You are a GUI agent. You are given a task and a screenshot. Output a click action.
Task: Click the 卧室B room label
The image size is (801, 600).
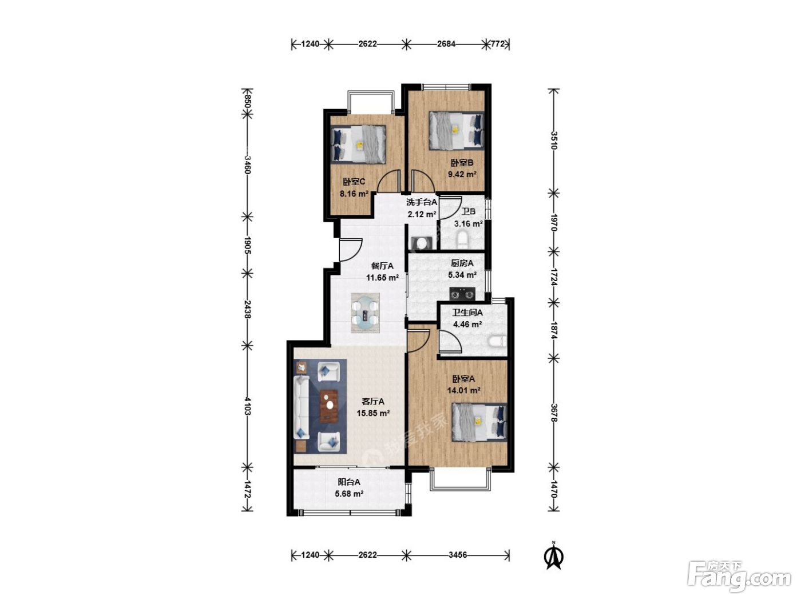[462, 162]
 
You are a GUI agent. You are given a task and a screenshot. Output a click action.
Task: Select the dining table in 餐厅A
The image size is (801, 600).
[365, 313]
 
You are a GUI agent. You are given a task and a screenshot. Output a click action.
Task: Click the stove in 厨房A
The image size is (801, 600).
[462, 293]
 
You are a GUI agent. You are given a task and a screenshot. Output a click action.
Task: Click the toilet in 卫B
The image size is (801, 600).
[463, 240]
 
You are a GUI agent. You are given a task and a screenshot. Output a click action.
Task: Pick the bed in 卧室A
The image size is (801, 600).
[479, 422]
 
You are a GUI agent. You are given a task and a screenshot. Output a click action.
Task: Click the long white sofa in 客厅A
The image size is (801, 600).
[302, 407]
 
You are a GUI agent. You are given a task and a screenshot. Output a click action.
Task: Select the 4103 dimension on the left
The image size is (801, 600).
[248, 406]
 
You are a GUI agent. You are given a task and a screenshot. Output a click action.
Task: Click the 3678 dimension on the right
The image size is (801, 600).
[554, 413]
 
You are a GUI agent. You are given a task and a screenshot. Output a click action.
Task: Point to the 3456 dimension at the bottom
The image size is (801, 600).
[458, 555]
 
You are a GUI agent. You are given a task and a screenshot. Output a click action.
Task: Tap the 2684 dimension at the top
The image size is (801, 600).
[446, 44]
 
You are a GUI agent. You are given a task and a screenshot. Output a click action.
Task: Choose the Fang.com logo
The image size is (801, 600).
[739, 575]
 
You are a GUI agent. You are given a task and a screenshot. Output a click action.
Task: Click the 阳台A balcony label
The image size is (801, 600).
[349, 482]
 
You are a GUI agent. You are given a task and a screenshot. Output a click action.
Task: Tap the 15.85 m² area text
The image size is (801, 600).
[373, 413]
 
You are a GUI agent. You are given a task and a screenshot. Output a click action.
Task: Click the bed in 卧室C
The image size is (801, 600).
[358, 144]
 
